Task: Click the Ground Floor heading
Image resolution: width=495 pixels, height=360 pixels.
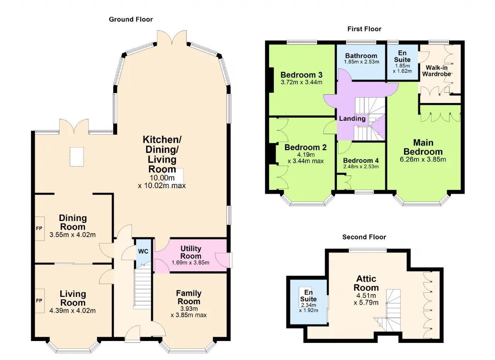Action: [x=131, y=19]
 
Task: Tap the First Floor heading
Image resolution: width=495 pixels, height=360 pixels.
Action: [x=364, y=29]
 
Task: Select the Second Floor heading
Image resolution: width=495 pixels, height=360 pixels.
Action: [x=364, y=237]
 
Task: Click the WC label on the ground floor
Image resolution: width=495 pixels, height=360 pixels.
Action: [x=143, y=252]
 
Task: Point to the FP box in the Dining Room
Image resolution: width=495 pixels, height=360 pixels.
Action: [x=40, y=228]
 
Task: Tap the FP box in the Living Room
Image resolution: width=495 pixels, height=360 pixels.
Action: [x=40, y=301]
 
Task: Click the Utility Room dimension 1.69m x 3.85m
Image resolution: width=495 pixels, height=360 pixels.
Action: [x=191, y=263]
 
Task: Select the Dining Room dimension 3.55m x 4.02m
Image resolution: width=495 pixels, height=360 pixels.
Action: [x=72, y=235]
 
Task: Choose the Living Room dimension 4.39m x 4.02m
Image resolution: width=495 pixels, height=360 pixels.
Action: [x=72, y=311]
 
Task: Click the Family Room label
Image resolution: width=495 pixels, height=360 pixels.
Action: [x=189, y=297]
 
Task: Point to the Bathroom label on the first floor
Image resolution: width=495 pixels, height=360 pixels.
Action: [x=361, y=56]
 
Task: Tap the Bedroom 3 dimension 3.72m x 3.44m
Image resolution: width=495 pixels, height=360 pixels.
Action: [x=301, y=82]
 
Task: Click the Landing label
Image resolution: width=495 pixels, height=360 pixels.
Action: [x=352, y=118]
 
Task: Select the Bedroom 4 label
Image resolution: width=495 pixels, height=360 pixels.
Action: [x=361, y=160]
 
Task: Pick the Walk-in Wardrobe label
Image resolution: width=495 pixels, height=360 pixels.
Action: [x=437, y=71]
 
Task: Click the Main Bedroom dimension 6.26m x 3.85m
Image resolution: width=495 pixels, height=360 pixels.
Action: [x=423, y=159]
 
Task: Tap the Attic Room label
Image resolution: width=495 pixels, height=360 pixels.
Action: [x=366, y=283]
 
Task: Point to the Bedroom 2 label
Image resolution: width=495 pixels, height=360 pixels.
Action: [x=306, y=147]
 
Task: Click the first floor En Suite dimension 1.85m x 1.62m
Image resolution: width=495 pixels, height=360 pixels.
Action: [x=403, y=69]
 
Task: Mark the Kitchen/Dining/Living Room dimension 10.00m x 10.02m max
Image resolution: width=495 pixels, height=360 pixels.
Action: [x=162, y=182]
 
